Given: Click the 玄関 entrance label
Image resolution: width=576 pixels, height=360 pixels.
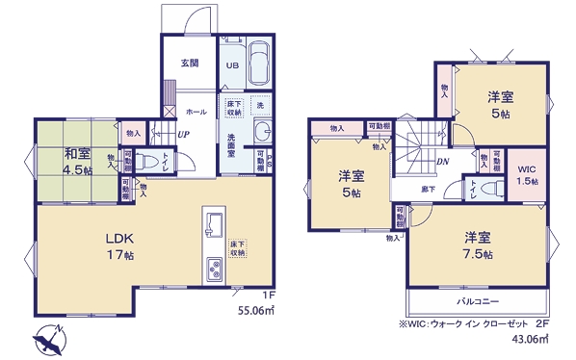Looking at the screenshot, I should coord(189,64).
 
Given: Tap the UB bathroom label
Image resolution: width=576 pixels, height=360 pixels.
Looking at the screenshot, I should coord(233,65).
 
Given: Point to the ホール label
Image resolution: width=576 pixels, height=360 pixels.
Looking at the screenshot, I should coord(196,112).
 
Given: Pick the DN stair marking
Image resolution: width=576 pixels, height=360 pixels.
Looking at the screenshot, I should coord(444,162).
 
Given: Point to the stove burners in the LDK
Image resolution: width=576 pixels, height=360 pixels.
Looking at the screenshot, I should coord(213,270).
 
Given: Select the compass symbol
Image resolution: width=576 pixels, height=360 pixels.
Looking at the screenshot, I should coord(47,339).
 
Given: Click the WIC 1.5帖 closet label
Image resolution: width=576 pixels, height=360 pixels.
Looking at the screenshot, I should coord(526,173).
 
